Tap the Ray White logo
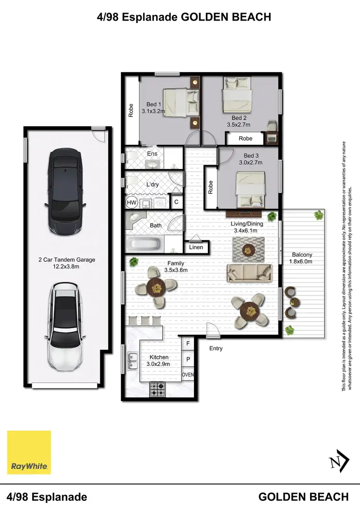(29, 452)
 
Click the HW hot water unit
(132, 202)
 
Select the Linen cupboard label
(196, 248)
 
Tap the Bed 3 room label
(251, 156)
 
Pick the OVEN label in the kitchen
(188, 375)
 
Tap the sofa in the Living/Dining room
(249, 272)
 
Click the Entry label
(216, 348)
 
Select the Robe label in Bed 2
(245, 139)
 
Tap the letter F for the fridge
(188, 343)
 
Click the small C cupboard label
(176, 202)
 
